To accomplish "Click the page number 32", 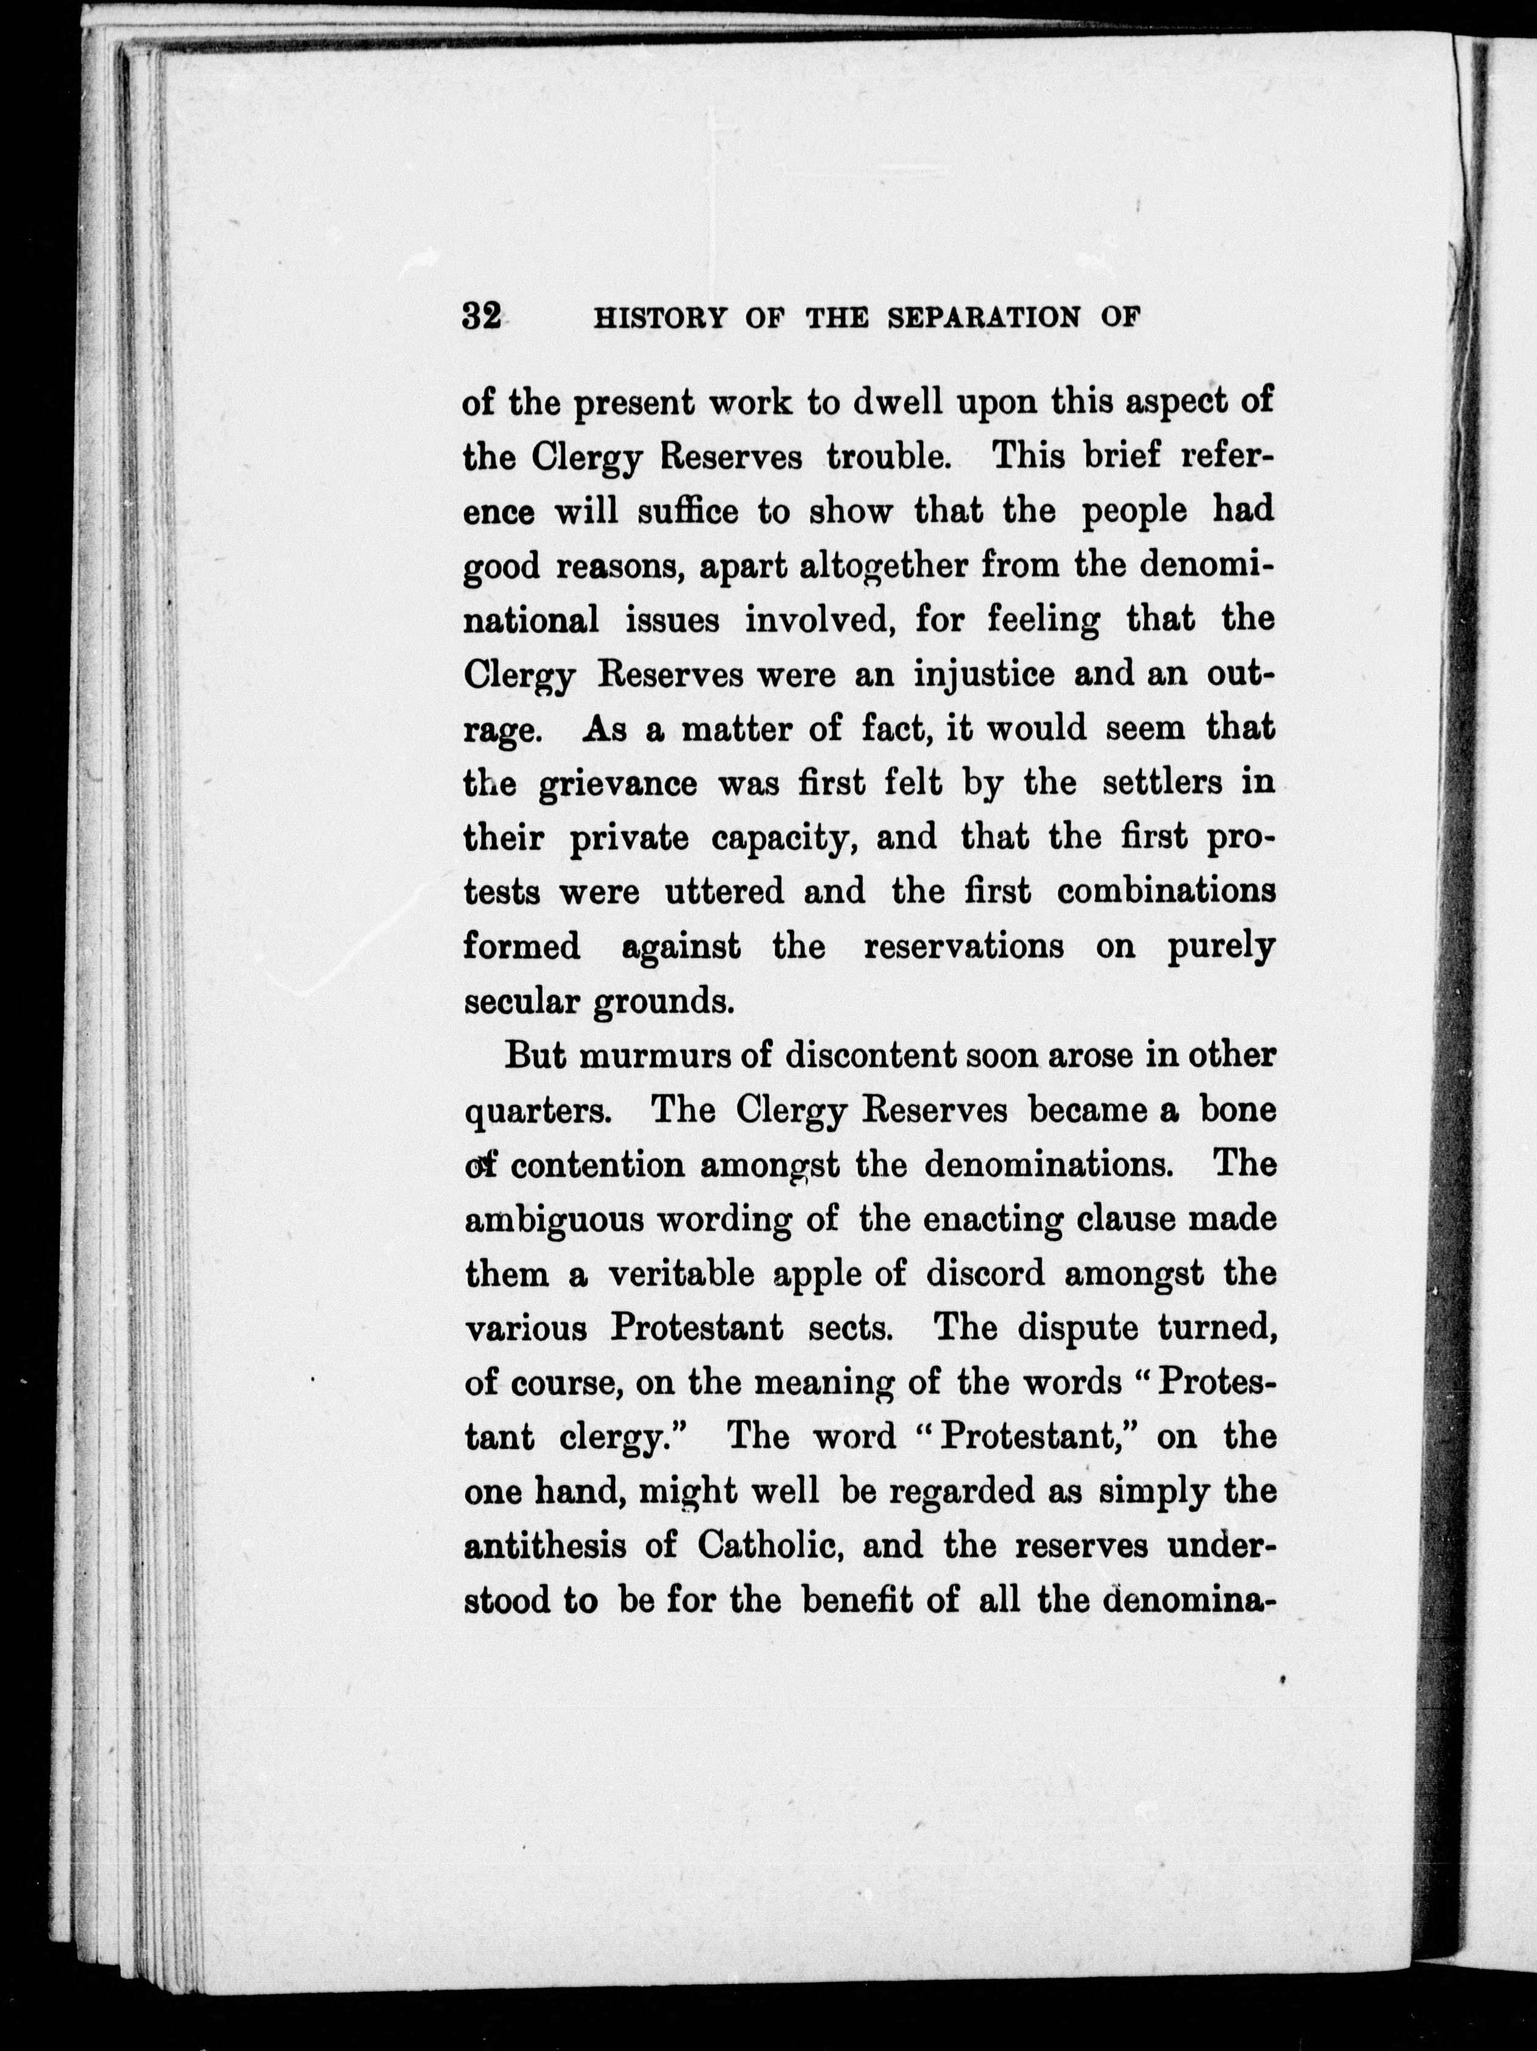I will pos(481,318).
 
